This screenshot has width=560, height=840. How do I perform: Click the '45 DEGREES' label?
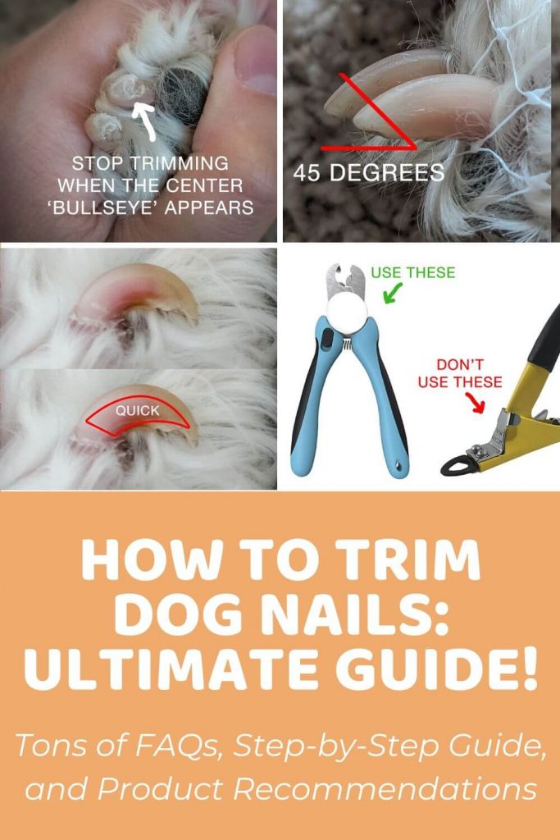(369, 172)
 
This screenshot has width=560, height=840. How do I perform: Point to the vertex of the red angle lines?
(415, 148)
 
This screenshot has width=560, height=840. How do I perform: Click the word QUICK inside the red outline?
(138, 410)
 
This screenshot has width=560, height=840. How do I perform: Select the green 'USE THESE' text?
(412, 272)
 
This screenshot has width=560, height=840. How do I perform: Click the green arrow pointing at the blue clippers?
(393, 293)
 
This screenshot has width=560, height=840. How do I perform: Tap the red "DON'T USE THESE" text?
(460, 373)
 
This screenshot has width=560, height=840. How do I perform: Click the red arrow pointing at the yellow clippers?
(475, 402)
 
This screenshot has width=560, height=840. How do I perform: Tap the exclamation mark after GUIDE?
(530, 669)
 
